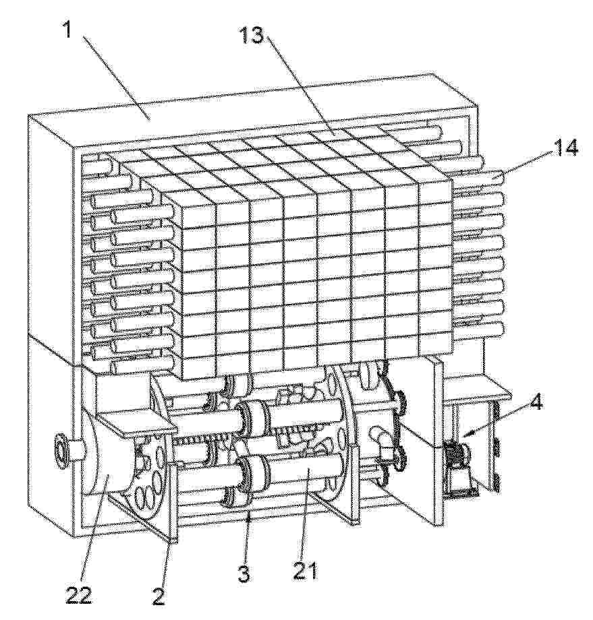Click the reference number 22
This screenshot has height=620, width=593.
(78, 596)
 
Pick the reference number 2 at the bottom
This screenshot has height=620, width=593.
(159, 596)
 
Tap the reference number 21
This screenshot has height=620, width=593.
(305, 571)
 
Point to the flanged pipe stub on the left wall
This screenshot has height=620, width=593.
(65, 450)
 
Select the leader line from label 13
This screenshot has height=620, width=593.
(300, 86)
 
